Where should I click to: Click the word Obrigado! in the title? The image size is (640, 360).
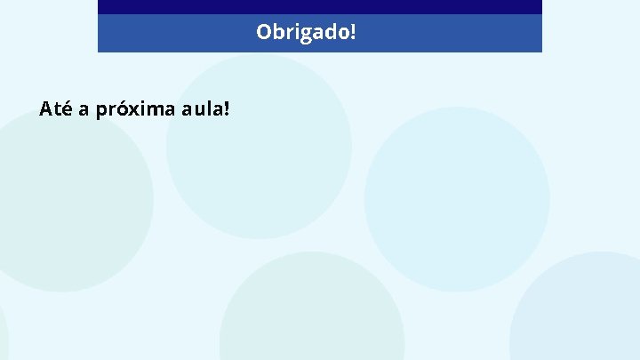tap(306, 33)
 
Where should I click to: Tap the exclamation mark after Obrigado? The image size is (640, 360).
tap(353, 32)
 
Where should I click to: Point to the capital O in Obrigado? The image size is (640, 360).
tap(263, 33)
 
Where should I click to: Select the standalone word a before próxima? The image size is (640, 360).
tap(83, 111)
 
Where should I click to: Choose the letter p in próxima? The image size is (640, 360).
tap(100, 113)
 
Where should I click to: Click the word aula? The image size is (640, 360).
tap(202, 109)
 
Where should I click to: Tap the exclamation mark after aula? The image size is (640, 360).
tap(227, 109)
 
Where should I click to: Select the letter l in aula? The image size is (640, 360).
tap(210, 109)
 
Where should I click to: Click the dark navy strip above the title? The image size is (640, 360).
tap(319, 6)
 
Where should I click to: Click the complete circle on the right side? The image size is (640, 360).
tap(457, 198)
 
